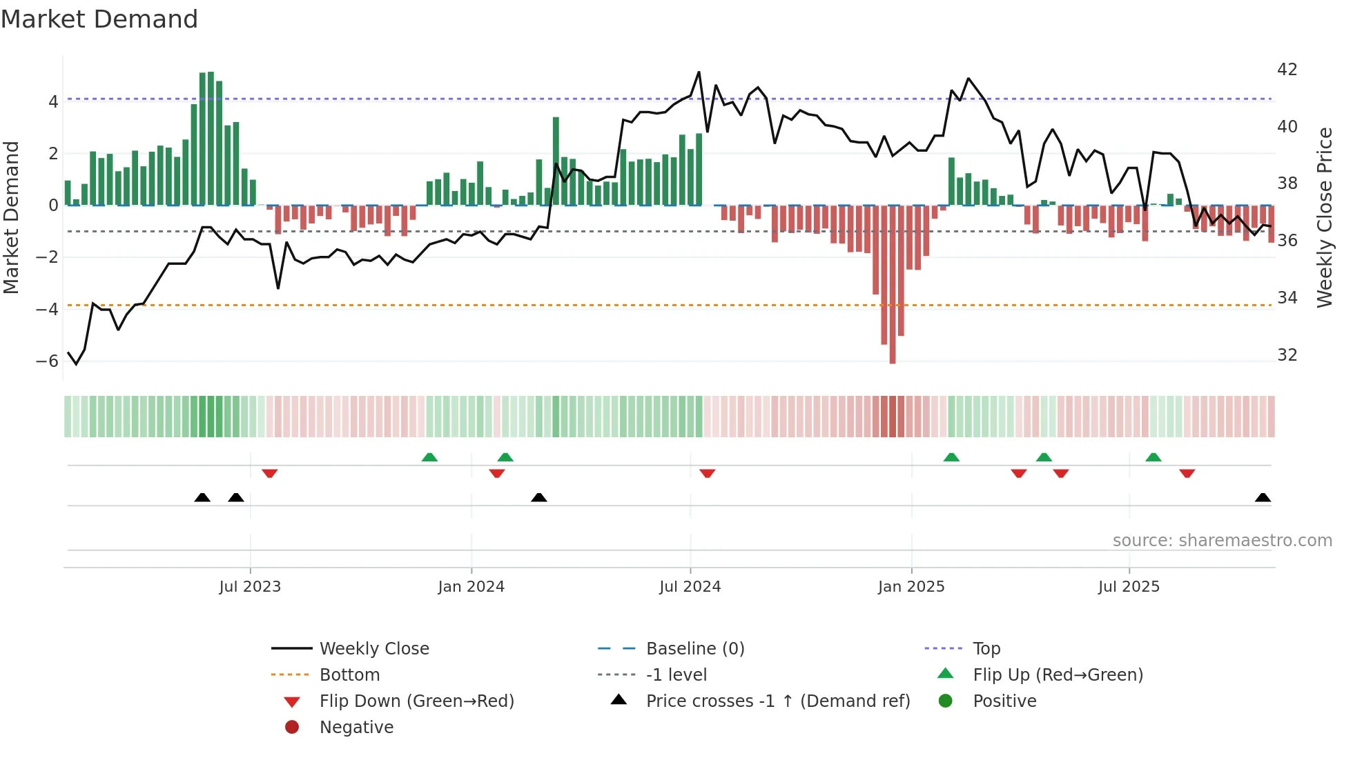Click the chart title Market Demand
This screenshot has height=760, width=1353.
click(x=99, y=19)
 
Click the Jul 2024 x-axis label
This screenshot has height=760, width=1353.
click(x=690, y=587)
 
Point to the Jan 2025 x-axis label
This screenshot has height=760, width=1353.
click(x=911, y=587)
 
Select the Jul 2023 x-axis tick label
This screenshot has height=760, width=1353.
click(x=250, y=587)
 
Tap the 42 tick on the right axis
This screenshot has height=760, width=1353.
click(x=1287, y=70)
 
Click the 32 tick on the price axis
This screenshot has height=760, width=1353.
click(x=1287, y=355)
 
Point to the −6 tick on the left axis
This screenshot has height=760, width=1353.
click(x=47, y=361)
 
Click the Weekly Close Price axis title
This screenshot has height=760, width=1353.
click(x=1324, y=217)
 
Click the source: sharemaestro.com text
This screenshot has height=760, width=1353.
click(x=1222, y=541)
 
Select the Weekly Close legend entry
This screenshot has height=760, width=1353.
click(x=373, y=649)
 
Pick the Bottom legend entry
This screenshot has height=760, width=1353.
click(x=349, y=675)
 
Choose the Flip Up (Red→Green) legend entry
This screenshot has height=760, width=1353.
click(x=1058, y=675)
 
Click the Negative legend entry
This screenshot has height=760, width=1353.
click(x=356, y=728)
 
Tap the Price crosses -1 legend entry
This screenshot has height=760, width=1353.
click(x=777, y=701)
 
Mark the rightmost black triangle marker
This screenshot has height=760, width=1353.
click(x=1263, y=498)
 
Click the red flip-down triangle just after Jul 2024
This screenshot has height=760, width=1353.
click(x=707, y=473)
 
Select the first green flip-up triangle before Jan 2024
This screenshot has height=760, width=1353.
click(x=429, y=457)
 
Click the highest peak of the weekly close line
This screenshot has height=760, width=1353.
click(x=699, y=72)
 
